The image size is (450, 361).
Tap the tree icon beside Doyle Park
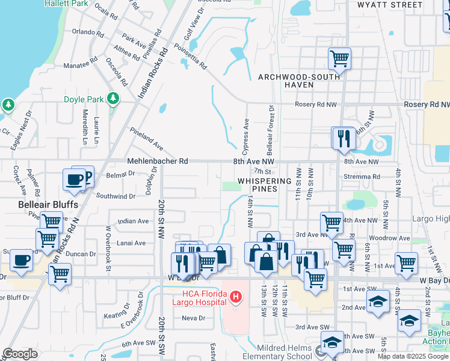point(112,97)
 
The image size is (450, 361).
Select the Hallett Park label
point(67,4)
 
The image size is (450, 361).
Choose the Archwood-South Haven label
point(295,81)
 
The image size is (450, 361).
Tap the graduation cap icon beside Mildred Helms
point(331,343)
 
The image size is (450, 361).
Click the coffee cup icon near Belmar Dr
point(75,179)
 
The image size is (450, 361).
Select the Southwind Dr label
point(116,196)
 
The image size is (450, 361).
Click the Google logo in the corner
point(20,354)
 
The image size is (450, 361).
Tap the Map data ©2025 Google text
point(413,356)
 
